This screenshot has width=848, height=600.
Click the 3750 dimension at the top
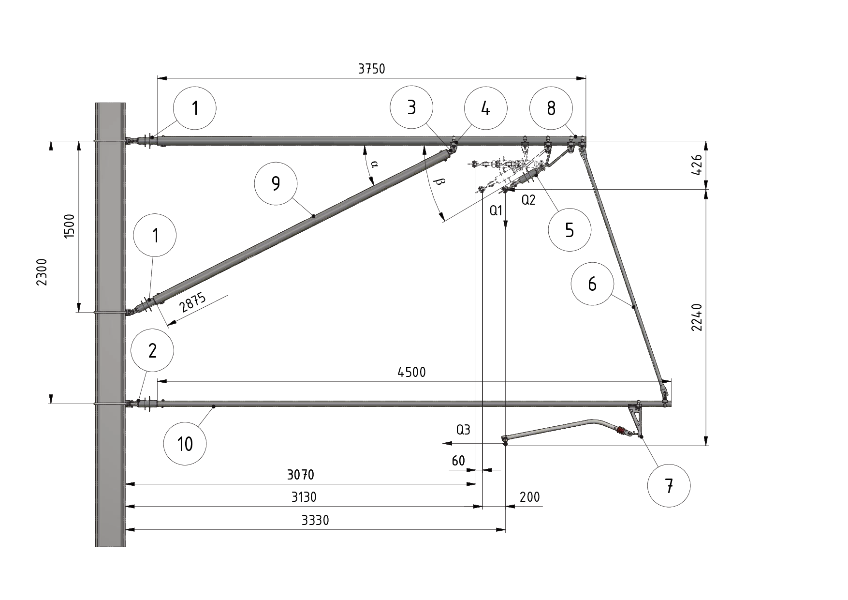pos(371,69)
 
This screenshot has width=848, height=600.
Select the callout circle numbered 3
pos(411,107)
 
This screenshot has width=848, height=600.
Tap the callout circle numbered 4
pos(485,108)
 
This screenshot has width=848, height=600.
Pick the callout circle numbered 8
pos(551,108)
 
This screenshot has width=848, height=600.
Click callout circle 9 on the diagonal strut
pos(276,184)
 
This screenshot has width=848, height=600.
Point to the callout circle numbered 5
pos(570,230)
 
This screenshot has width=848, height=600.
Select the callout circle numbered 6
pos(592,284)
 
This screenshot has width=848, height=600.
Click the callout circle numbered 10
pos(185,444)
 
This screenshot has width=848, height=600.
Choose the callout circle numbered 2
pos(152,351)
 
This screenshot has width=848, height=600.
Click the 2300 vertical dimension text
pos(42,272)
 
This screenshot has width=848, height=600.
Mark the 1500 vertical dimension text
pos(70,226)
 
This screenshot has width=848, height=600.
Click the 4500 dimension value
pos(411,372)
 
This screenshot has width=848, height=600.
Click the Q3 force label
pos(463,430)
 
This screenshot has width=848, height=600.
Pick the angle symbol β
pos(439,182)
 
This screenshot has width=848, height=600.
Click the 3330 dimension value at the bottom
pos(315,520)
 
